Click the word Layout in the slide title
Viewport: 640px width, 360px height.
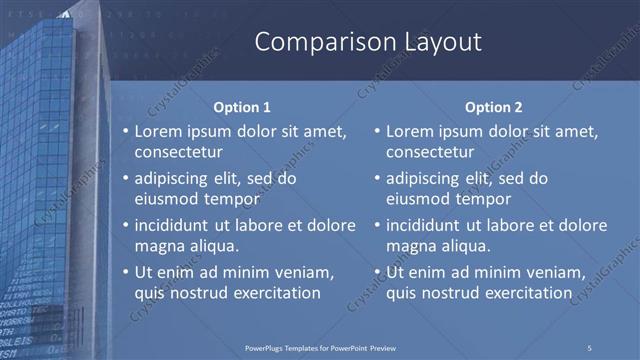tap(435, 42)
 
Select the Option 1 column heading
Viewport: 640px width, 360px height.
tap(243, 107)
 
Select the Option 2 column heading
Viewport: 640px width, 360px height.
tap(494, 107)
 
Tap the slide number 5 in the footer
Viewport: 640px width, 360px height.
tap(590, 347)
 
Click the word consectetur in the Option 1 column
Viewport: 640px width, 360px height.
tap(178, 152)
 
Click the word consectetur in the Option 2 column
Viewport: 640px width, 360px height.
tap(429, 152)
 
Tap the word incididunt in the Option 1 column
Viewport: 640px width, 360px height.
tap(174, 225)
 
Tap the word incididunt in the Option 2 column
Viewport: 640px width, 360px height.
tap(425, 225)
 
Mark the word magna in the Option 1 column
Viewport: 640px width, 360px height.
tap(159, 246)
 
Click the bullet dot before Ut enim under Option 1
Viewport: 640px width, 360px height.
tap(124, 272)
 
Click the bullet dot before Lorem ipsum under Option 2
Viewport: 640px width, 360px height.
tap(375, 131)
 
